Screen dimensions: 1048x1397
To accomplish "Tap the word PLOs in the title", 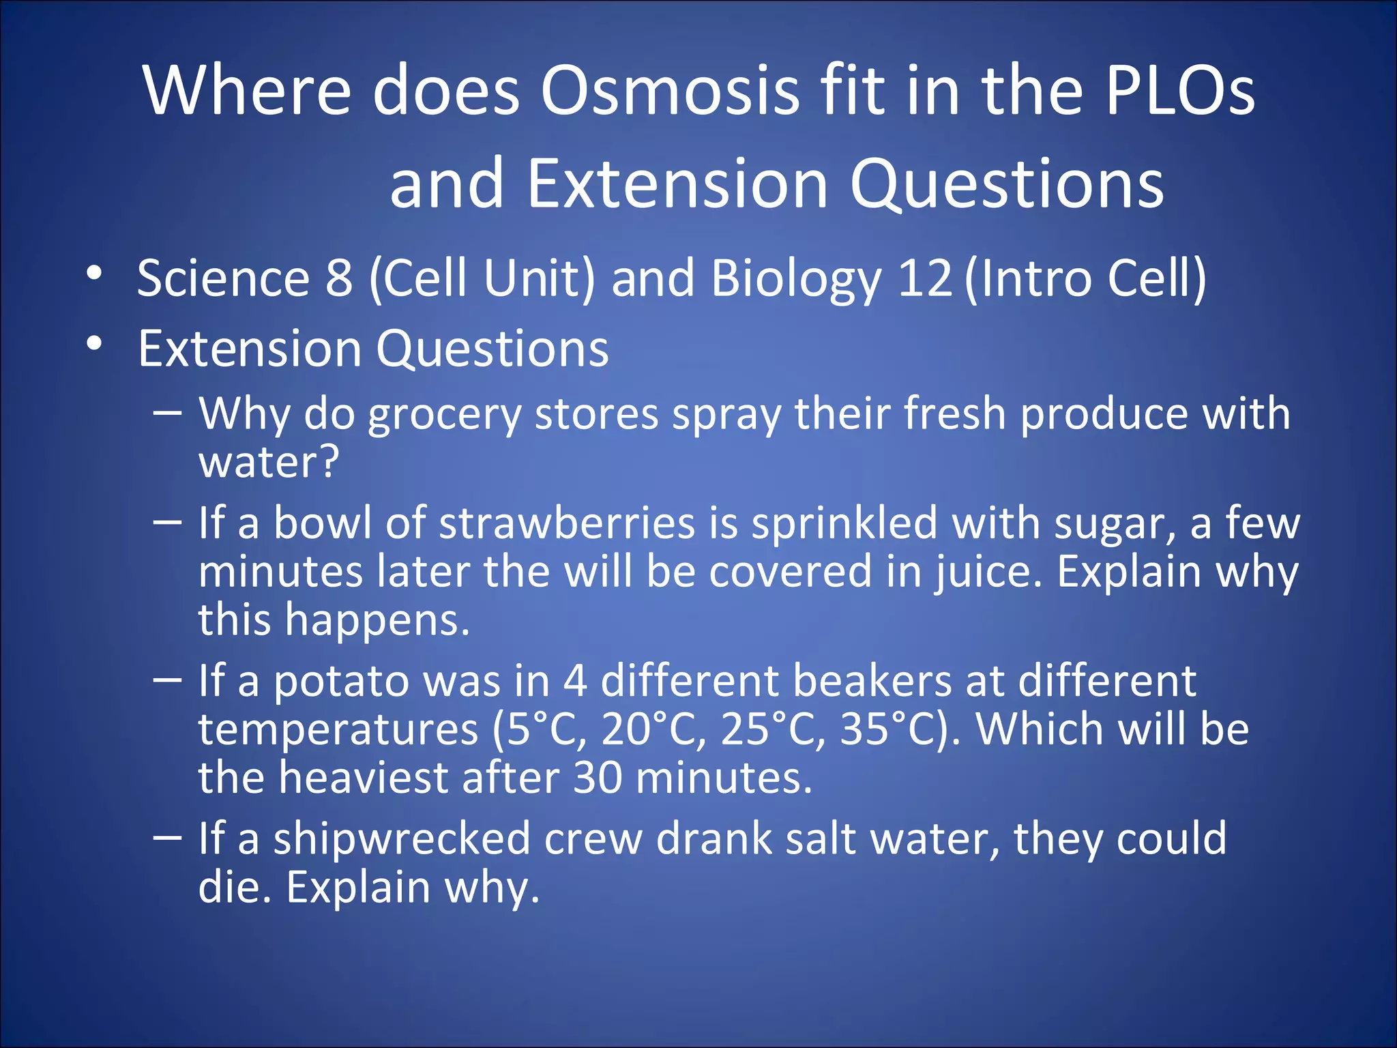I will click(1180, 91).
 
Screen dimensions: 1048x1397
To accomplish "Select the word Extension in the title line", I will click(677, 184).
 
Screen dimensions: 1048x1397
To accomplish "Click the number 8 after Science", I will click(339, 278).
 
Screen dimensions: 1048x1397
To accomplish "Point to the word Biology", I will click(796, 278).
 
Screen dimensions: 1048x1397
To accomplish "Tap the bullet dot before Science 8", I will click(94, 274).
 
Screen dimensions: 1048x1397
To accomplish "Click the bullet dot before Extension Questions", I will click(94, 344).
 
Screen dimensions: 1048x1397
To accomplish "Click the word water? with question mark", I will click(269, 463).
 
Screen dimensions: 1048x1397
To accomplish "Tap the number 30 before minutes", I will click(597, 778).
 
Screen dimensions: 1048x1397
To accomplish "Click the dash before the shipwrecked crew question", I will click(167, 837).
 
